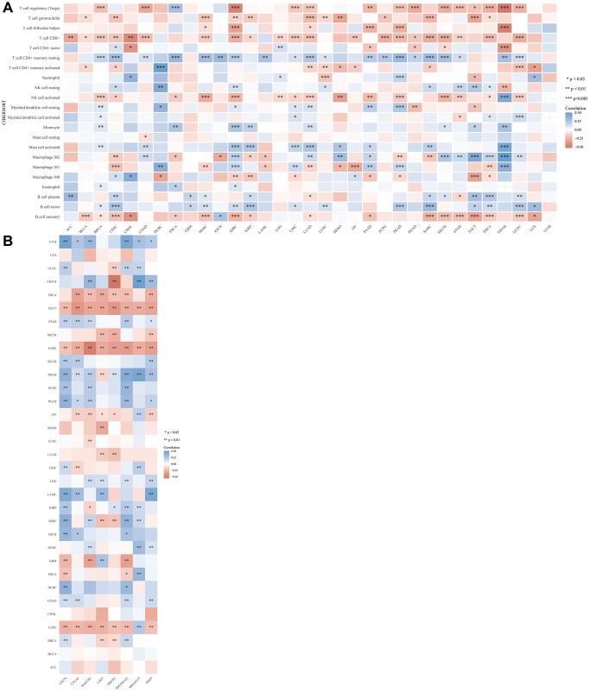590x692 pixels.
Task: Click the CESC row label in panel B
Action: [x=52, y=626]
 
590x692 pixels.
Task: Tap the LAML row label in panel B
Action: [x=52, y=493]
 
